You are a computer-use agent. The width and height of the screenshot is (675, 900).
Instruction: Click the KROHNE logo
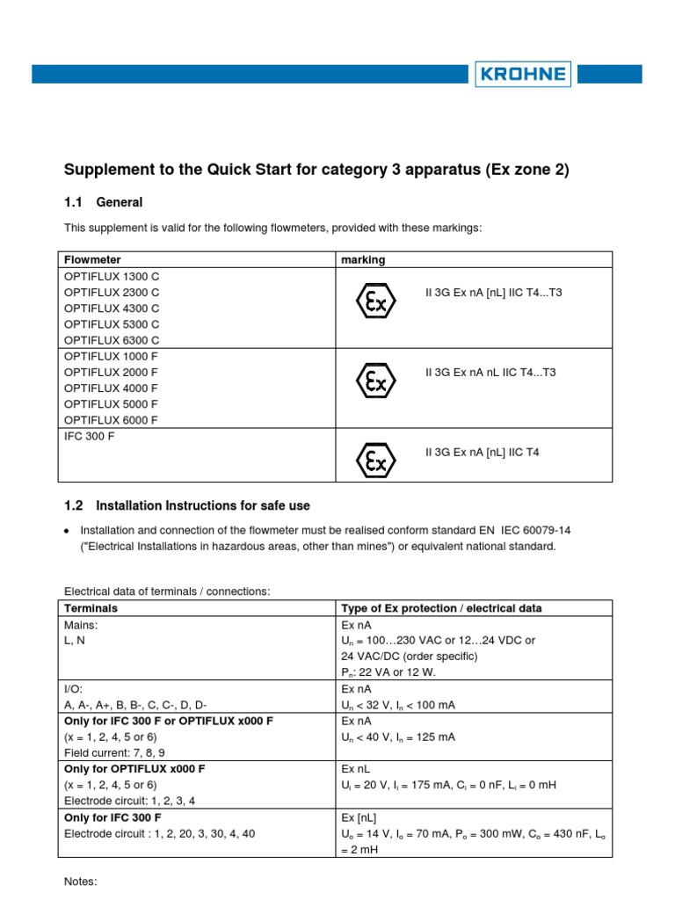[x=523, y=74]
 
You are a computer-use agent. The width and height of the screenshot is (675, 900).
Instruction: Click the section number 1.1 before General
[x=73, y=202]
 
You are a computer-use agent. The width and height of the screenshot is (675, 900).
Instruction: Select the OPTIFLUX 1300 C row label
[x=112, y=276]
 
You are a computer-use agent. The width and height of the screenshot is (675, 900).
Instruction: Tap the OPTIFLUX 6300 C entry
[x=112, y=339]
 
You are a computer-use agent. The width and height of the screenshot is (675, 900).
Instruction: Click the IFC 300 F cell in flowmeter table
[x=90, y=436]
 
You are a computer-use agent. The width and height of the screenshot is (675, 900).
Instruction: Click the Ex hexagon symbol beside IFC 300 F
[x=375, y=461]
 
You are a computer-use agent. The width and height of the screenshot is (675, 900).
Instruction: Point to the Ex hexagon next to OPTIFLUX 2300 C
[x=375, y=301]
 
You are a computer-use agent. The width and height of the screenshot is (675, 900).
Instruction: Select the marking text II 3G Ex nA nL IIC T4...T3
[x=490, y=373]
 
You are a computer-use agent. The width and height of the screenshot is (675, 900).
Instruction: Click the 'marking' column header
[x=362, y=259]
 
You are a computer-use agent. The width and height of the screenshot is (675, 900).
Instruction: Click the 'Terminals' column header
[x=91, y=608]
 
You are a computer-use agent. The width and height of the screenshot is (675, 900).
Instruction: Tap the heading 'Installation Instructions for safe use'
[x=202, y=506]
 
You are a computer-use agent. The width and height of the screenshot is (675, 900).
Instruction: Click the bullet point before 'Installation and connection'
[x=68, y=531]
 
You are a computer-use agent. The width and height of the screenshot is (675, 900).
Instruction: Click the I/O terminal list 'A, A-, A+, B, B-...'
[x=135, y=705]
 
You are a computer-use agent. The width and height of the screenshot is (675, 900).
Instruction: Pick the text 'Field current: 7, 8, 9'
[x=114, y=753]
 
